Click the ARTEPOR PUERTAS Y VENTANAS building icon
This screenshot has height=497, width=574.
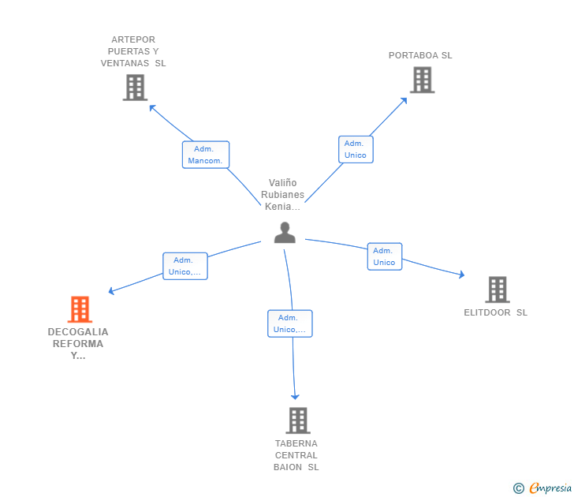135,87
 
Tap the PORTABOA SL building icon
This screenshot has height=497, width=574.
422,80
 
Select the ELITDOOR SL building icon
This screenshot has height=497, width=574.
498,290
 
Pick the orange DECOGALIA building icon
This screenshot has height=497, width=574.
80,309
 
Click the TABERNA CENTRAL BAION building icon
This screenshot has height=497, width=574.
298,420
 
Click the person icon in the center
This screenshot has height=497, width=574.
285,233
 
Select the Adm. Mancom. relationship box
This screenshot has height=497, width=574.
206,155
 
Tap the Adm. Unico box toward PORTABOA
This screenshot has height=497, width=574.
356,149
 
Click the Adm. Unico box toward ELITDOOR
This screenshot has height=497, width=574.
385,256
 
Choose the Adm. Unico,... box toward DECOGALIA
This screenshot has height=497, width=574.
185,266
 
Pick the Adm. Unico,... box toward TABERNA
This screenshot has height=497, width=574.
290,323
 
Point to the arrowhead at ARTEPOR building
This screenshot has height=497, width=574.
152,107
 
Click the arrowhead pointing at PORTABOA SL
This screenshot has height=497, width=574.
404,100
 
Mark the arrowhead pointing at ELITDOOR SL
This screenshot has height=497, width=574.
462,275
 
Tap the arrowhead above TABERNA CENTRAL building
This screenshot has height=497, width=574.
295,397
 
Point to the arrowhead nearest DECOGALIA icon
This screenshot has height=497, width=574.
111,291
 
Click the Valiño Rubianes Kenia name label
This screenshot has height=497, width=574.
282,195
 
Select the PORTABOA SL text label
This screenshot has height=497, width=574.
420,55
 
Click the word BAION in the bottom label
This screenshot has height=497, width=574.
288,467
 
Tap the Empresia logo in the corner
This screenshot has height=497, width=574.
542,488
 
